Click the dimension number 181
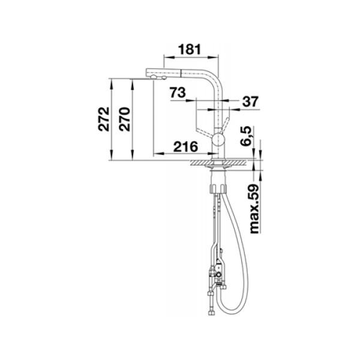coord(190,49)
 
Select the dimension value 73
coord(178,92)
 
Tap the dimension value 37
coord(250,101)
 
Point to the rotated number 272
coord(104,119)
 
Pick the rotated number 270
coord(124,119)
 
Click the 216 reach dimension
coord(185,146)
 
